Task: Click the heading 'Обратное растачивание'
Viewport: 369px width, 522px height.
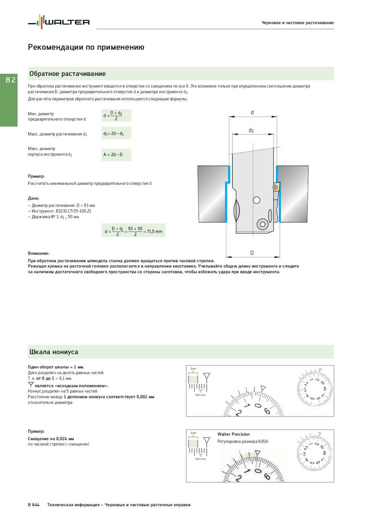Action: (67, 74)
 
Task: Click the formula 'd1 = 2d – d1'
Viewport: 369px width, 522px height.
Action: (116, 134)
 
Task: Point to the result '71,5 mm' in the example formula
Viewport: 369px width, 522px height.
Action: (155, 231)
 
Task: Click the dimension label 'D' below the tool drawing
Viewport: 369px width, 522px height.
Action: (252, 253)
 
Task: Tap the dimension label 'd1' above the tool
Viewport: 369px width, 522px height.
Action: (251, 130)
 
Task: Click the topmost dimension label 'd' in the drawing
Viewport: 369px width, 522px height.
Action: (252, 113)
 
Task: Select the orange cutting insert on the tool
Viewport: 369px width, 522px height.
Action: (275, 187)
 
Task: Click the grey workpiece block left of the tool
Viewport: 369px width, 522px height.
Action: (212, 194)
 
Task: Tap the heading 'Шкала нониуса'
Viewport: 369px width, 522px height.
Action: (54, 352)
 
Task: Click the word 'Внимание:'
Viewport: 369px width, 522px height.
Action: (39, 253)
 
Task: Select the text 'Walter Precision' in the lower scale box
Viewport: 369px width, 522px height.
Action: (233, 434)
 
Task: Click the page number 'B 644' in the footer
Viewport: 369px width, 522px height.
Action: (34, 505)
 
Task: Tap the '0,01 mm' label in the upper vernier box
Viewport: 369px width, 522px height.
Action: (200, 395)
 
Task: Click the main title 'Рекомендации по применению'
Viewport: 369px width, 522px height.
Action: (86, 47)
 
